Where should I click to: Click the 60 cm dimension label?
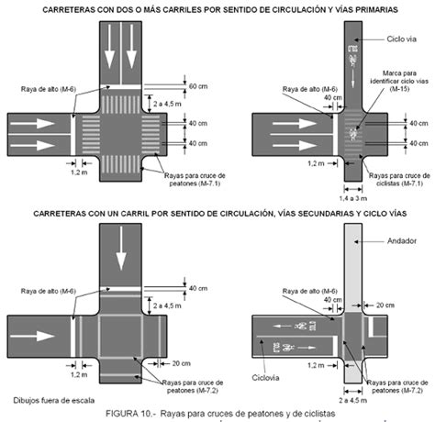click(x=198, y=86)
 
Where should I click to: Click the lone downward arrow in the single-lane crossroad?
click(x=122, y=257)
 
